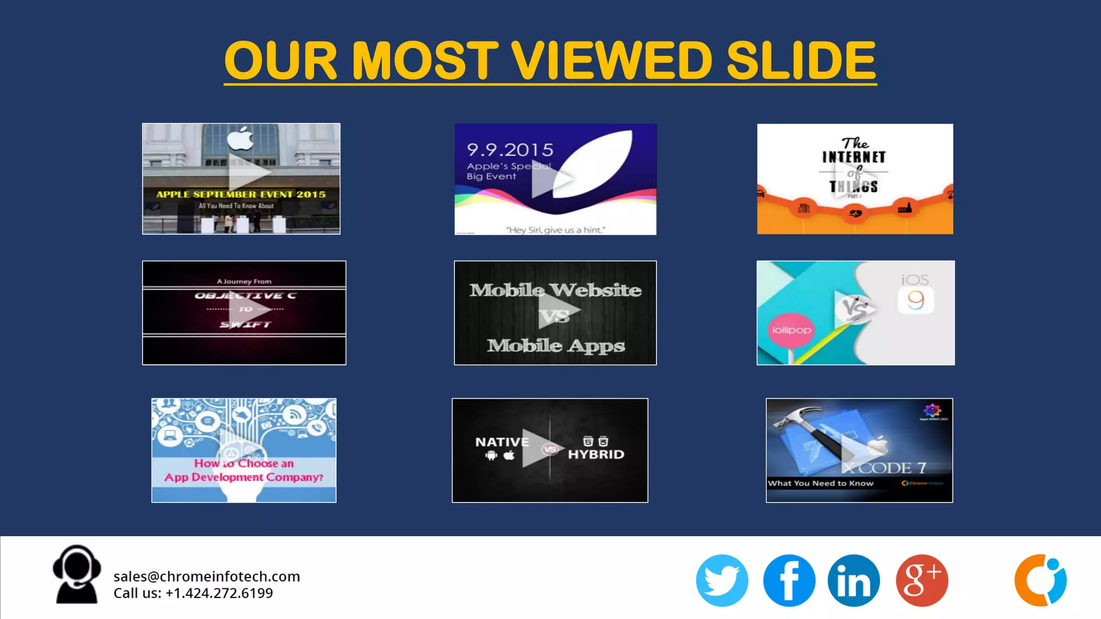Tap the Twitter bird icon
[721, 580]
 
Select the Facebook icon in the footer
[789, 580]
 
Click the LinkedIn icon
[854, 580]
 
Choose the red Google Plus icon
[921, 580]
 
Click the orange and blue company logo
[1040, 580]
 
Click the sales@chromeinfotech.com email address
[206, 577]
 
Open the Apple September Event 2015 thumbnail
[241, 179]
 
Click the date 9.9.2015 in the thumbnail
[510, 149]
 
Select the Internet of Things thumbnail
[855, 179]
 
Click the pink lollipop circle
[791, 330]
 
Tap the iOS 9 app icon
[916, 300]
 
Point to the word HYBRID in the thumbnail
[596, 455]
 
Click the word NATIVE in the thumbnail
[502, 442]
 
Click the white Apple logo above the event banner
[240, 139]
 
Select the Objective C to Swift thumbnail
[244, 313]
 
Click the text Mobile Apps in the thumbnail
[556, 346]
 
